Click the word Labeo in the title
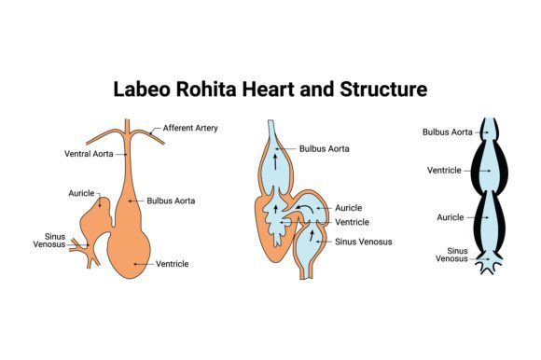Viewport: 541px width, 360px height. pos(142,89)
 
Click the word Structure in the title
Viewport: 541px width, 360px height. pos(383,89)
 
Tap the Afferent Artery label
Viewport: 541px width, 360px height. pos(190,128)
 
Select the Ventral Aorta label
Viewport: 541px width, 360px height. pos(89,154)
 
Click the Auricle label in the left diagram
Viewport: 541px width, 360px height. pos(81,193)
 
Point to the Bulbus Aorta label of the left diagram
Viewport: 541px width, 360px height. pos(171,201)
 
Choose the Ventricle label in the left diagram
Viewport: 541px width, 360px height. pos(173,264)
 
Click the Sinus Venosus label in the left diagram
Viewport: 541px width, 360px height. pos(49,241)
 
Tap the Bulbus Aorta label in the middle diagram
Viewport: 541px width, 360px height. pos(325,148)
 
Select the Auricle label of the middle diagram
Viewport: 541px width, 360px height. pos(349,208)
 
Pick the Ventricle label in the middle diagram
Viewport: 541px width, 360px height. pos(353,222)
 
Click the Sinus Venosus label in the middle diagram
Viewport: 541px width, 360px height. pos(364,242)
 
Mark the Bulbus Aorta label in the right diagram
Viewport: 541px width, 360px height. pos(448,132)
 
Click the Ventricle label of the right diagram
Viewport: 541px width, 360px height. pos(444,171)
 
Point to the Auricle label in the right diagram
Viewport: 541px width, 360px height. pos(451,217)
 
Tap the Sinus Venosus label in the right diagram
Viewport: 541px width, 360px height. pos(451,255)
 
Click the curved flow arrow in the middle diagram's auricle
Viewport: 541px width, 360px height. pos(305,207)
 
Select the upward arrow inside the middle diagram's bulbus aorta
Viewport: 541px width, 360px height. pos(275,161)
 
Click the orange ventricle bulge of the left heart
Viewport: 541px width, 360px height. pos(129,252)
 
